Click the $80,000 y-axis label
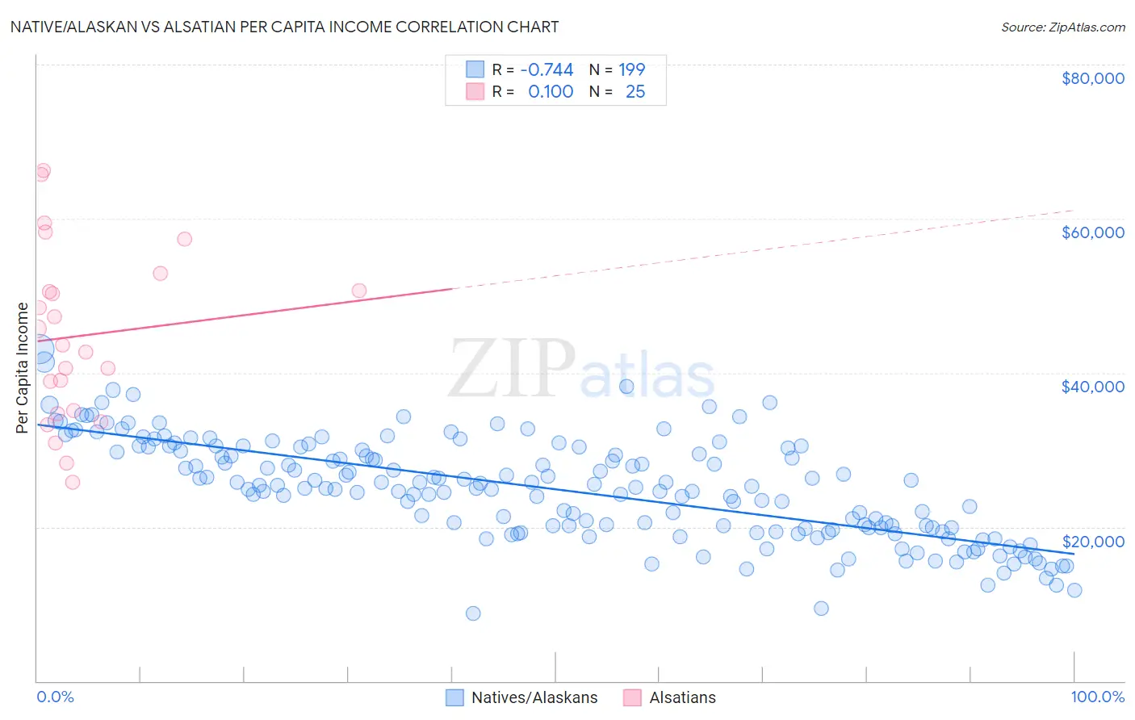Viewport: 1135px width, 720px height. tap(1092, 78)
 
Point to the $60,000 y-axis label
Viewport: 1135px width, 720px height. tap(1092, 232)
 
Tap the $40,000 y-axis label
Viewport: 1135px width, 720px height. tap(1092, 387)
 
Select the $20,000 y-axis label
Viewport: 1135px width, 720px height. tap(1092, 541)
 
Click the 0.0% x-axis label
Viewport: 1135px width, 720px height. tap(55, 697)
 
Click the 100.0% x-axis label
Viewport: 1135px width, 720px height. tap(1097, 697)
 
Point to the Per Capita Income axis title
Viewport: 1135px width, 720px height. tap(23, 367)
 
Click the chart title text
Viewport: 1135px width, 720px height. tap(284, 27)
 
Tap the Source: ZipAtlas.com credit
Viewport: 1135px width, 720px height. tap(1062, 27)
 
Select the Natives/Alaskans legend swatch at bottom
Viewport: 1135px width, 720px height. tap(454, 697)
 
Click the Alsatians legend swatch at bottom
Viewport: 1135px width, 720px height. tap(632, 697)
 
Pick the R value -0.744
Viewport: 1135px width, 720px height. tap(547, 69)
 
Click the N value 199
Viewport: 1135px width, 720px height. tap(631, 69)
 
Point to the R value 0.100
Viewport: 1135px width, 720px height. tap(551, 92)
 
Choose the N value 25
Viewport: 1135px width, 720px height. tap(635, 92)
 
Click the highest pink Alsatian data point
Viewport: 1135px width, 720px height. tap(43, 171)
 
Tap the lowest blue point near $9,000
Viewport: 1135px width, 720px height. tap(473, 613)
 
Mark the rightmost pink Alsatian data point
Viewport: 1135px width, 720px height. tap(359, 291)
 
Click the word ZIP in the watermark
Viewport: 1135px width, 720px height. tap(512, 369)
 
